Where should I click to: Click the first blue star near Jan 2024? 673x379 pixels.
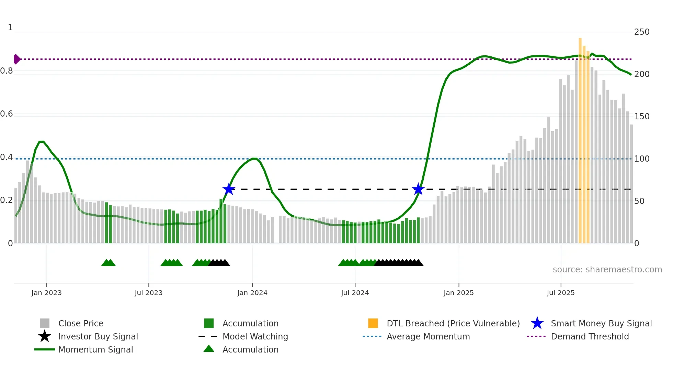click(x=229, y=189)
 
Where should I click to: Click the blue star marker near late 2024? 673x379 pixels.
click(x=418, y=189)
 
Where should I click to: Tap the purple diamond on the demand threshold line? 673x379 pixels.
click(x=16, y=59)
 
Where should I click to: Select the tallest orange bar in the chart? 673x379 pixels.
click(x=580, y=138)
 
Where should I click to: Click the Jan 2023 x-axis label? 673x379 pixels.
click(x=46, y=293)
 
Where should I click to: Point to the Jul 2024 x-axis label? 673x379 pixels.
click(x=355, y=293)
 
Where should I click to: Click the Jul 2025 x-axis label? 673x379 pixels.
click(x=560, y=293)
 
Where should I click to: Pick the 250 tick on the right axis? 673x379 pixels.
click(x=642, y=32)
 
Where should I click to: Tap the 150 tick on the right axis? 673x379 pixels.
click(x=642, y=117)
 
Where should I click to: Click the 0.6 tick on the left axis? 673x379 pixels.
click(x=7, y=114)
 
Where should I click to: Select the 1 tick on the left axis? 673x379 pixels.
click(x=10, y=28)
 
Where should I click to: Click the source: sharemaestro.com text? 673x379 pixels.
click(x=607, y=270)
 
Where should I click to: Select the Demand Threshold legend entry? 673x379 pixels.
click(x=590, y=337)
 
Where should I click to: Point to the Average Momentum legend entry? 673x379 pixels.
click(x=428, y=337)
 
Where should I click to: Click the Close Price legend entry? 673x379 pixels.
click(x=81, y=324)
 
